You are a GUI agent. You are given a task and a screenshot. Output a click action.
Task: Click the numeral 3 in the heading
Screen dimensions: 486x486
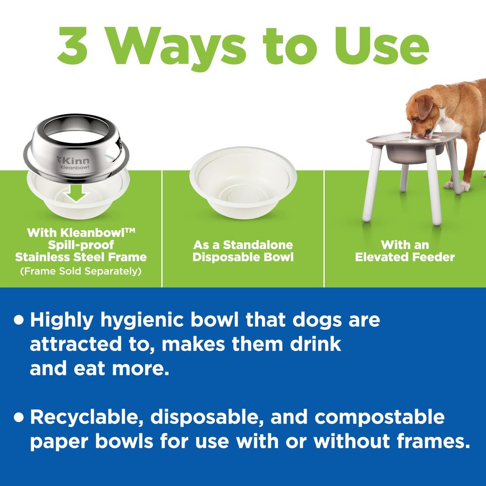pyautogui.click(x=72, y=46)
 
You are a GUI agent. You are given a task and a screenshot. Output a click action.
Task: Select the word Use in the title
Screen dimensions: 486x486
pyautogui.click(x=381, y=46)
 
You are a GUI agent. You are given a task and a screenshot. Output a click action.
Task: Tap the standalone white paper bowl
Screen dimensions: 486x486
pyautogui.click(x=243, y=182)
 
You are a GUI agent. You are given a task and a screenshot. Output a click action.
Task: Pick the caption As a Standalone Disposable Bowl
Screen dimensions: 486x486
pyautogui.click(x=243, y=251)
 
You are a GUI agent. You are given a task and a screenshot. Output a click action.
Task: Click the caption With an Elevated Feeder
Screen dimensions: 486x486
pyautogui.click(x=405, y=251)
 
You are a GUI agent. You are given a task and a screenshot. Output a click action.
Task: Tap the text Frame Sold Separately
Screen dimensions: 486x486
pyautogui.click(x=81, y=271)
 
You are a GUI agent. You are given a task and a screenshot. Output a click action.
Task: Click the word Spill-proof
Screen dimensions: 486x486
pyautogui.click(x=81, y=245)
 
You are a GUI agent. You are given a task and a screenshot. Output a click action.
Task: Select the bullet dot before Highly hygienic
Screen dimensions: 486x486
pyautogui.click(x=19, y=320)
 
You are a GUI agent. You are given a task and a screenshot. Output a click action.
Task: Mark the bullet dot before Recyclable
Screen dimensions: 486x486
pyautogui.click(x=19, y=417)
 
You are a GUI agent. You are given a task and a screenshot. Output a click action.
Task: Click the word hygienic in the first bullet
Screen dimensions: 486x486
pyautogui.click(x=142, y=320)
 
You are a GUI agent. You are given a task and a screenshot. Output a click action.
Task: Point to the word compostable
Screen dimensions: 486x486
pyautogui.click(x=380, y=418)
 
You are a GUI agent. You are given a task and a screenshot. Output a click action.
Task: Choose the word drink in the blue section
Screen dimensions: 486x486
pyautogui.click(x=315, y=345)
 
